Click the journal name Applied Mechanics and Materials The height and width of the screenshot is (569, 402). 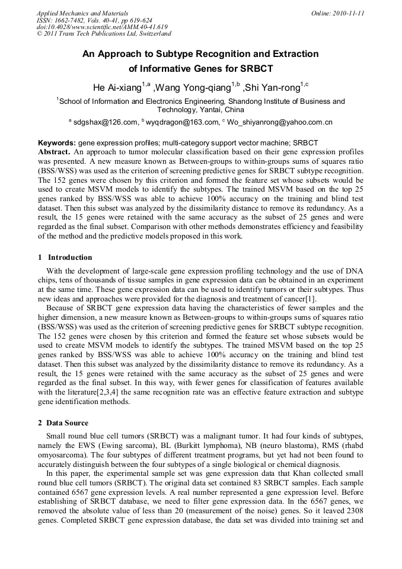82,13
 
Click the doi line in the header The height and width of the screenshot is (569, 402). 102,27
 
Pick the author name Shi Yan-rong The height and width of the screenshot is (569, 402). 272,88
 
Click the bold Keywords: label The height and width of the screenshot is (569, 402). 57,143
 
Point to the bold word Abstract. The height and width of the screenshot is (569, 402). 55,152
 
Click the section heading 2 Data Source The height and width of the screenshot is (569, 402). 63,423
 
